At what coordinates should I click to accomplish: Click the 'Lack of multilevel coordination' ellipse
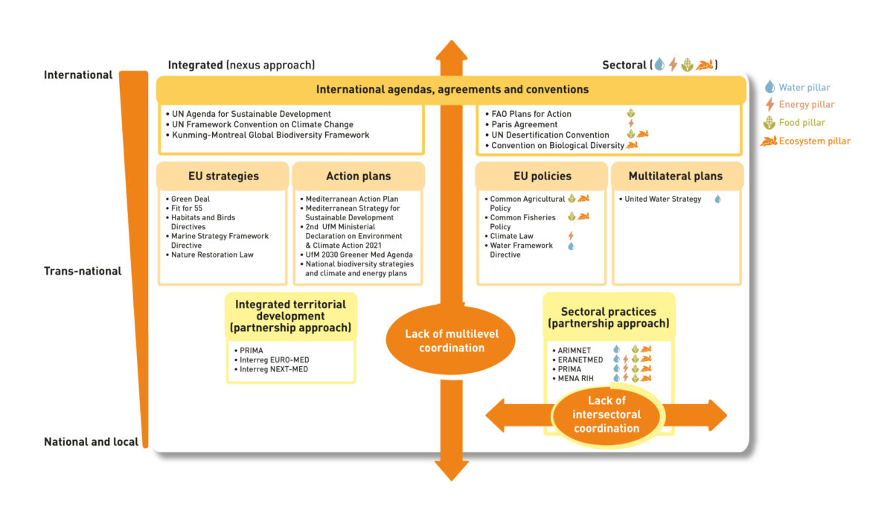[450, 339]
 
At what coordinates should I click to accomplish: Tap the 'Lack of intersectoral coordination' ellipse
[606, 415]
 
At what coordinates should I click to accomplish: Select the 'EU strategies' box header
[223, 176]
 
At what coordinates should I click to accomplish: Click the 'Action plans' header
[359, 176]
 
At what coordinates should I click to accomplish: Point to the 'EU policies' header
[542, 176]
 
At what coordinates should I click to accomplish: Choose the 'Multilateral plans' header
[677, 176]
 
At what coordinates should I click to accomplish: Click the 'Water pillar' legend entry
[797, 87]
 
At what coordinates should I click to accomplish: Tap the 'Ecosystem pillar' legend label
[815, 141]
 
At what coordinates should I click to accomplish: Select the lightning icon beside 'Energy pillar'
[770, 104]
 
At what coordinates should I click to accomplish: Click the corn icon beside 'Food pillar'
[769, 122]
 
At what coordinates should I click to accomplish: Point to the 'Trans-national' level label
[83, 271]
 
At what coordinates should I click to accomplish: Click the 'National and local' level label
[92, 441]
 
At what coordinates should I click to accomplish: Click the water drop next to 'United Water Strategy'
[717, 199]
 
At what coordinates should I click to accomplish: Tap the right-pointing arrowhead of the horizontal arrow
[717, 415]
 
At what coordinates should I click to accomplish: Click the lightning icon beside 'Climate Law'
[571, 236]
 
